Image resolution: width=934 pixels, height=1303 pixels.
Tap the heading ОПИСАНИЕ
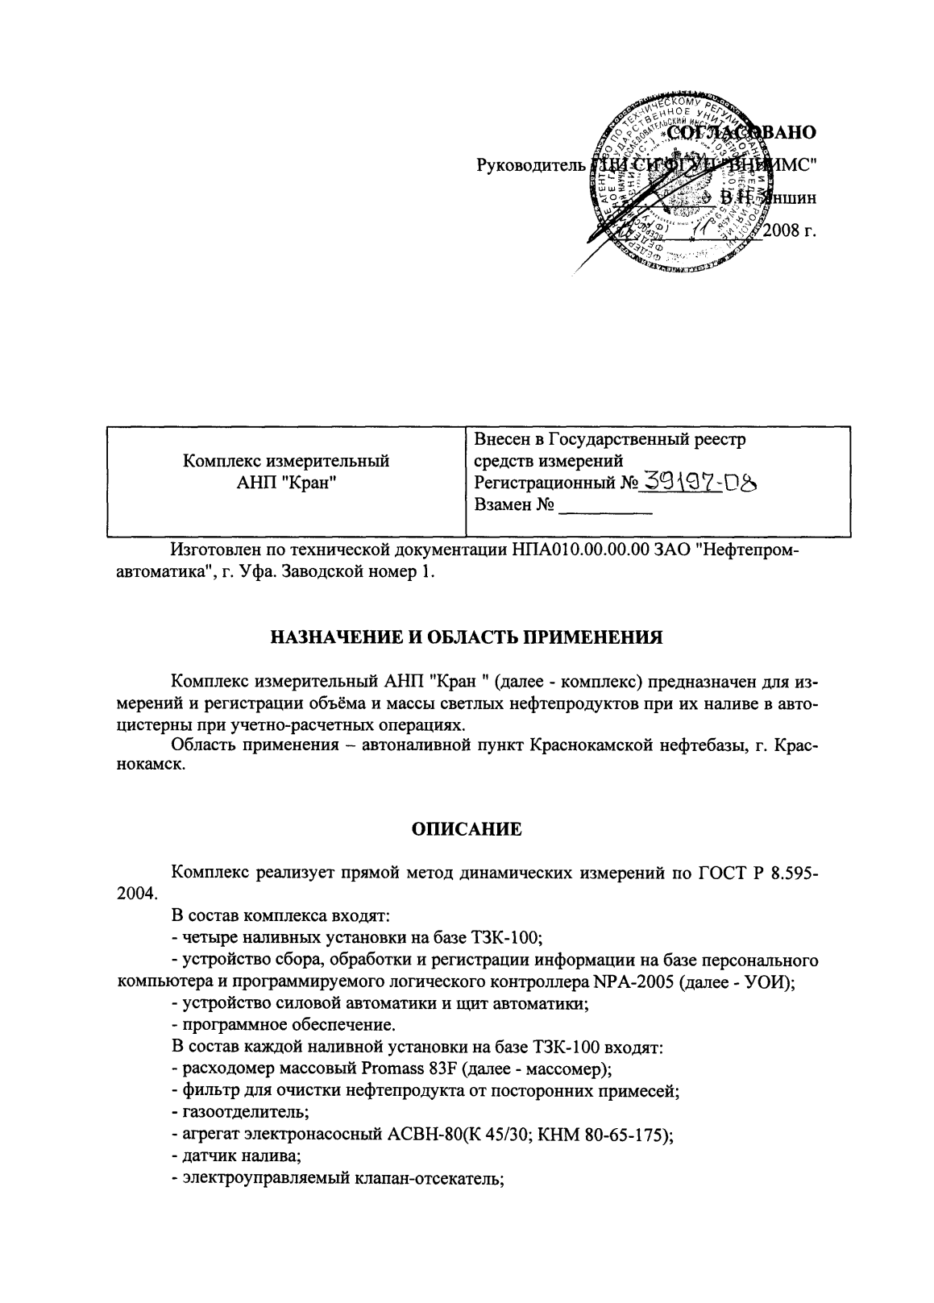467,828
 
